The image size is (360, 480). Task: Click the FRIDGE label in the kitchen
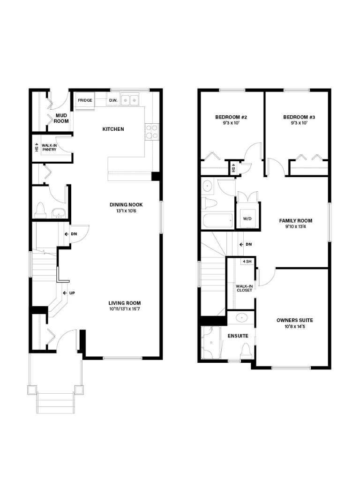(85, 100)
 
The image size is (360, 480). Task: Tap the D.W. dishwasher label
(113, 100)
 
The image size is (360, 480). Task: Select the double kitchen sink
(130, 100)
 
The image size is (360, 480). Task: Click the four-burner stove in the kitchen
(151, 131)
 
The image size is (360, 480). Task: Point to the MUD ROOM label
(62, 118)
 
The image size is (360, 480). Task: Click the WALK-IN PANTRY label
(49, 148)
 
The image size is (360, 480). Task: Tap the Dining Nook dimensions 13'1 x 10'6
(126, 211)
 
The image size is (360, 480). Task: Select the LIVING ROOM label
(125, 303)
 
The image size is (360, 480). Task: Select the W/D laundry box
(247, 218)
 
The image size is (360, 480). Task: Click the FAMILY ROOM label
(295, 221)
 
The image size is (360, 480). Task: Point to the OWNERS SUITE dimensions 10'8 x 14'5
(294, 327)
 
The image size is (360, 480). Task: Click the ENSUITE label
(238, 336)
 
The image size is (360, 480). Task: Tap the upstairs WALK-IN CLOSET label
(244, 288)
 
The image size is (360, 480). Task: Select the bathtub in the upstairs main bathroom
(217, 220)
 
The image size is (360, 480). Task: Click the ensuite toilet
(245, 350)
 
